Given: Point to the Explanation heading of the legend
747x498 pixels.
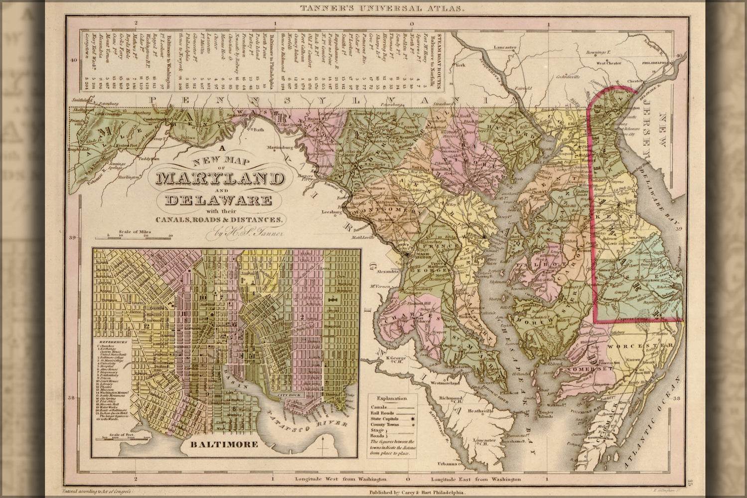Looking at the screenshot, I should click(x=392, y=398).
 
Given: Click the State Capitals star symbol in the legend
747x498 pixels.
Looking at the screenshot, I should click(x=412, y=420).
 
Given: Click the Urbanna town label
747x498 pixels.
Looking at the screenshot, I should click(x=448, y=464).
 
